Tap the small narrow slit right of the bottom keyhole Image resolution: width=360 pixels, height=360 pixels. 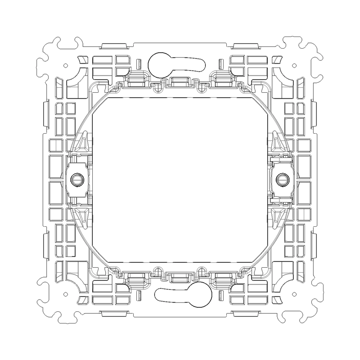point(220,295)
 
